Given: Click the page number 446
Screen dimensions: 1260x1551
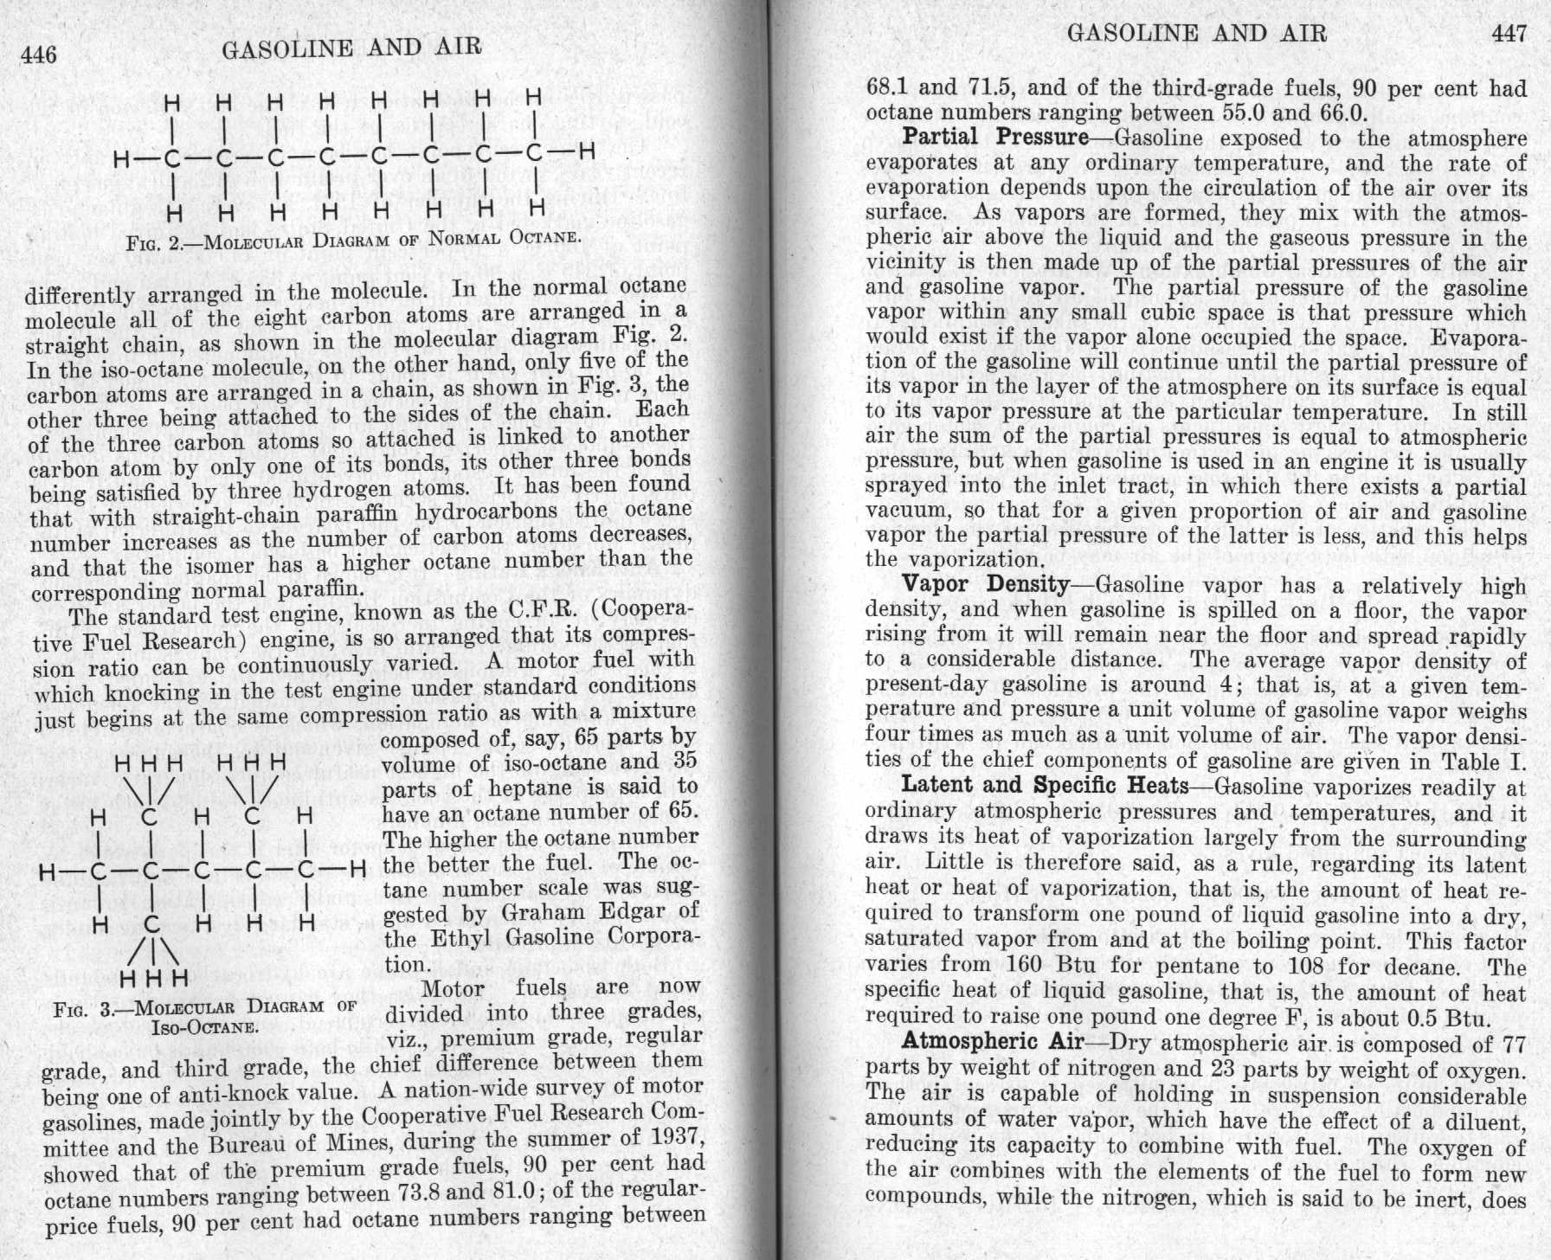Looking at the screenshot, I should point(40,55).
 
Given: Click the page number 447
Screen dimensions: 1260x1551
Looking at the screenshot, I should point(1509,34).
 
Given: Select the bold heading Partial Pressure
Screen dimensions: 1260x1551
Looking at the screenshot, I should point(995,138).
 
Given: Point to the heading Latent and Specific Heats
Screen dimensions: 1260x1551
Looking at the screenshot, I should point(1045,786).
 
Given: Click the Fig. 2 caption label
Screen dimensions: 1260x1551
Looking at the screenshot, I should point(152,243).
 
